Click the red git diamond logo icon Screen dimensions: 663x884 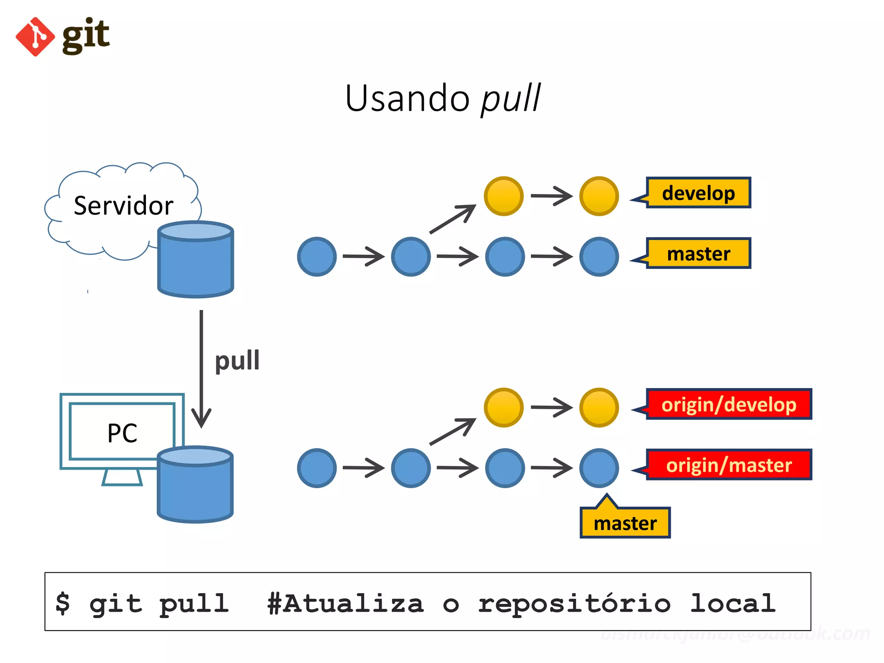click(x=35, y=37)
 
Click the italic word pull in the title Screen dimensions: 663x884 click(x=511, y=99)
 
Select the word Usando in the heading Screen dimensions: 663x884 click(x=407, y=99)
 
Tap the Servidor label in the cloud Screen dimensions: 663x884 click(x=123, y=205)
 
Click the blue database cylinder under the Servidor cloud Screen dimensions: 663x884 click(x=196, y=263)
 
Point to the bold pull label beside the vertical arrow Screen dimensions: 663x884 click(x=237, y=360)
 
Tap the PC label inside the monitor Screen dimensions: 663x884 click(x=122, y=433)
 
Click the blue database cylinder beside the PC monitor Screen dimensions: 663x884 click(x=195, y=488)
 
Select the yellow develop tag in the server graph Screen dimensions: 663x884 click(x=698, y=193)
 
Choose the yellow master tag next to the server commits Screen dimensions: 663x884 click(x=698, y=253)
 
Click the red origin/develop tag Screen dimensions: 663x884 click(x=729, y=404)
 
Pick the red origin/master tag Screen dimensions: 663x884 click(x=729, y=465)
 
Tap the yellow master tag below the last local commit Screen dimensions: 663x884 click(x=625, y=523)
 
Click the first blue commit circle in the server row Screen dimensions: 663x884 click(x=317, y=257)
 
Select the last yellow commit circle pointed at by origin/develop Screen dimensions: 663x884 click(x=599, y=407)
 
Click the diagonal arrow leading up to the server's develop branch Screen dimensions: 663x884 click(x=452, y=220)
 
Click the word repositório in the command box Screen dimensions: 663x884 click(x=574, y=603)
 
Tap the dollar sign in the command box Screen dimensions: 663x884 click(x=63, y=603)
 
